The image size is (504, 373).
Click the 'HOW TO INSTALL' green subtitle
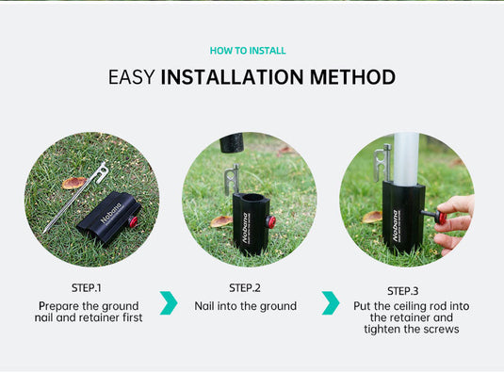[x=248, y=51]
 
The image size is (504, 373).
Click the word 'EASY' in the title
[x=132, y=77]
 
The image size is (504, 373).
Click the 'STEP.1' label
[x=86, y=287]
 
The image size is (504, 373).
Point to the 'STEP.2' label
[x=245, y=287]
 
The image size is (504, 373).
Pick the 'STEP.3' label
[x=402, y=290]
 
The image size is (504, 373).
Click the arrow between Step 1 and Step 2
[x=169, y=302]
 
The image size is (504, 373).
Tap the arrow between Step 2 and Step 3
[x=330, y=302]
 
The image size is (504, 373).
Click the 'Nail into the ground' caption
[x=245, y=306]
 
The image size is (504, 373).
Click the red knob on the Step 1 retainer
[x=133, y=221]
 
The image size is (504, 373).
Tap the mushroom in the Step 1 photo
[x=73, y=183]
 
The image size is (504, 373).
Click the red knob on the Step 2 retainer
[x=270, y=221]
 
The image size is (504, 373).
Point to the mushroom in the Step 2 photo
[x=221, y=221]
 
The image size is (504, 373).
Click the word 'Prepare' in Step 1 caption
[x=57, y=306]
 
